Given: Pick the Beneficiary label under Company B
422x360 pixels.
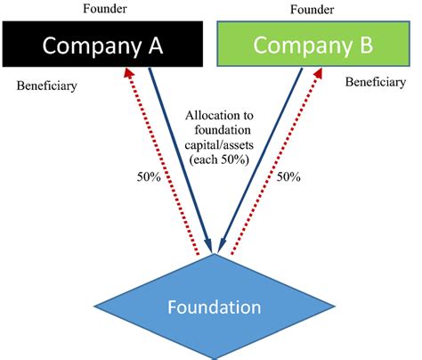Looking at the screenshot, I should click(x=375, y=81).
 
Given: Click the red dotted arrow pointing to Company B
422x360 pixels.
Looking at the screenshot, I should click(x=272, y=169).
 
